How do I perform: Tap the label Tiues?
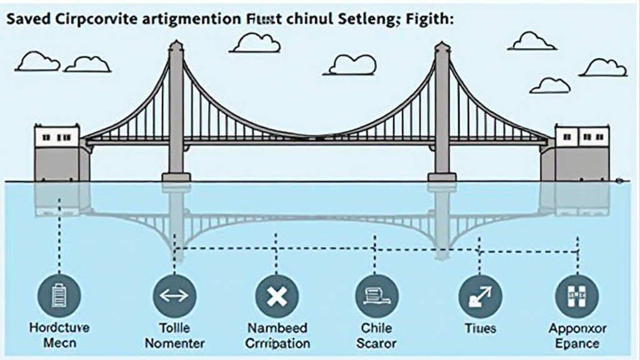pos(480,328)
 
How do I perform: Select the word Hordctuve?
pos(59,327)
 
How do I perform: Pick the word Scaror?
pos(377,343)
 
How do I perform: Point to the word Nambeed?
pos(277,327)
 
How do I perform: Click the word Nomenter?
pos(174,343)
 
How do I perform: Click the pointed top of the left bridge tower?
pos(176,44)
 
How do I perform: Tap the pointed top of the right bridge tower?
pos(442,44)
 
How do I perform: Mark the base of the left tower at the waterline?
pos(176,177)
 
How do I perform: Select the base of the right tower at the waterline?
pos(442,177)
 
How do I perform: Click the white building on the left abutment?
pos(57,136)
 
